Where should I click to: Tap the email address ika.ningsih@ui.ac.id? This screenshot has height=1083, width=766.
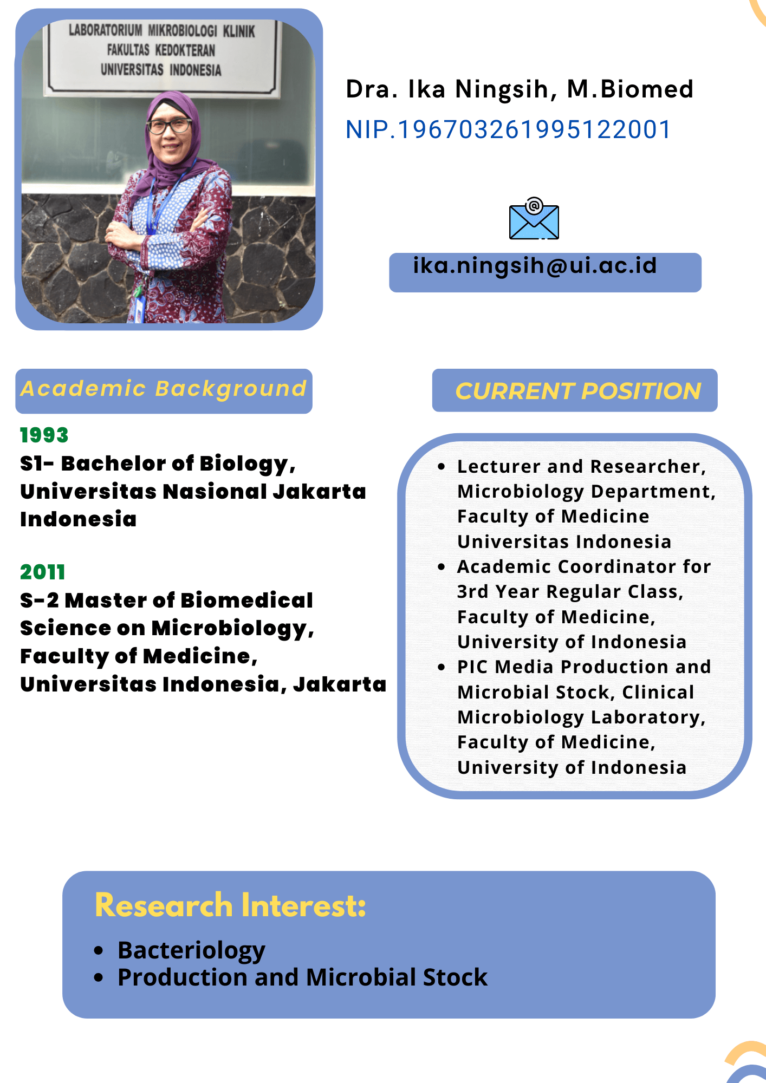tap(535, 266)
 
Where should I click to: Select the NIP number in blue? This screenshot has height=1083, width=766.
tap(508, 130)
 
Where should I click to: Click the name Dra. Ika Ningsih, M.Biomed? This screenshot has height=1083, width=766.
tap(520, 90)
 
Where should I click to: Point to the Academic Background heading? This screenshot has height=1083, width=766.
tap(164, 389)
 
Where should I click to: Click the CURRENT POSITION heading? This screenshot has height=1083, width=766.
tap(578, 391)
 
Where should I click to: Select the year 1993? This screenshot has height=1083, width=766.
tap(44, 435)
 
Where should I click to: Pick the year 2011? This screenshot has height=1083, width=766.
tap(42, 572)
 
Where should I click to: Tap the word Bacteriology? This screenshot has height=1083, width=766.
tap(191, 951)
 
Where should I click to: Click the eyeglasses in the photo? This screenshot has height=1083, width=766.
tap(170, 126)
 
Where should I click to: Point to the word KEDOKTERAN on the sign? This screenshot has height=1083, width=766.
tap(185, 50)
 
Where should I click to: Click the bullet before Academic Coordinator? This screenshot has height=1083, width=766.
tap(442, 567)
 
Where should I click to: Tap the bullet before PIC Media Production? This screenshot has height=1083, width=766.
tap(442, 667)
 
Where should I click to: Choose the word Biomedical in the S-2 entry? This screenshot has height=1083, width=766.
tap(246, 601)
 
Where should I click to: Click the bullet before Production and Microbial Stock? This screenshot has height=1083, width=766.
tap(99, 977)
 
